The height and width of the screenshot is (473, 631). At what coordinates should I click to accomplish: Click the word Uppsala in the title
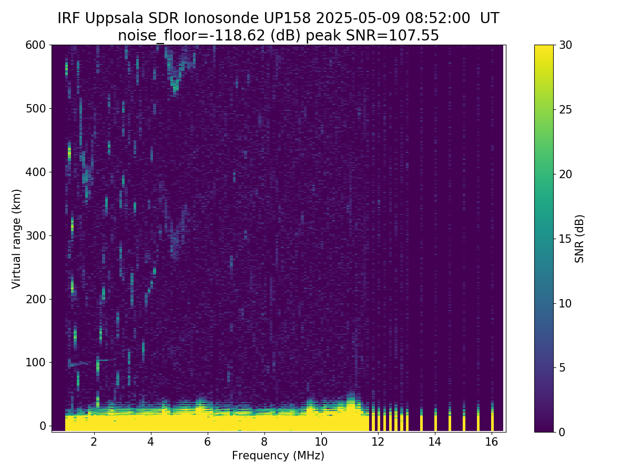pyautogui.click(x=116, y=18)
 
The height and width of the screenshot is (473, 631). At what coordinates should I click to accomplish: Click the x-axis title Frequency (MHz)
pyautogui.click(x=278, y=456)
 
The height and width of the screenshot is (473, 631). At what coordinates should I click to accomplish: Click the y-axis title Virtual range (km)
pyautogui.click(x=17, y=238)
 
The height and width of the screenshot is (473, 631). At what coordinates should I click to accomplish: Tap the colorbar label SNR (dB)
pyautogui.click(x=579, y=238)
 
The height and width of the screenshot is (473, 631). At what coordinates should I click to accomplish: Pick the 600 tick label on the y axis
pyautogui.click(x=36, y=45)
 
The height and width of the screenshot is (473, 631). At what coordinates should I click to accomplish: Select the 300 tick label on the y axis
pyautogui.click(x=36, y=235)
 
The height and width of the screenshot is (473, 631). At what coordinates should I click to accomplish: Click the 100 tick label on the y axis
pyautogui.click(x=36, y=363)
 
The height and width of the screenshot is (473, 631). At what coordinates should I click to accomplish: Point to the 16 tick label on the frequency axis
pyautogui.click(x=492, y=441)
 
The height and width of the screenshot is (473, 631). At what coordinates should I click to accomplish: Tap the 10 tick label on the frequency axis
pyautogui.click(x=321, y=441)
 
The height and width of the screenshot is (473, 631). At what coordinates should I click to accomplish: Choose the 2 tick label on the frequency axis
pyautogui.click(x=94, y=441)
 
